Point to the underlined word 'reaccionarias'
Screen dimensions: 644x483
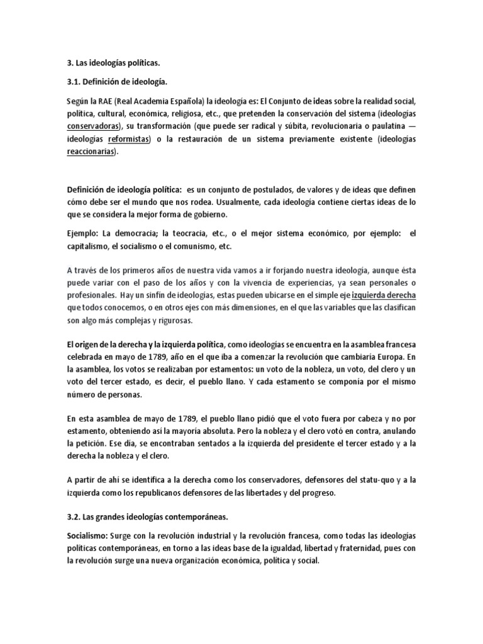tap(91, 152)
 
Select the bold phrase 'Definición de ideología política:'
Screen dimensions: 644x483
tap(124, 189)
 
